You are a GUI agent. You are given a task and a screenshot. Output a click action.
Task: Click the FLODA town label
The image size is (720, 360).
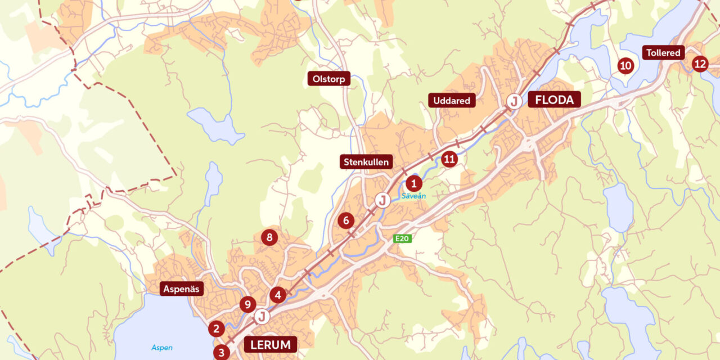click(554, 100)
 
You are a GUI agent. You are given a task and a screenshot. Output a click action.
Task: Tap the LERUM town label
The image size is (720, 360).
click(270, 344)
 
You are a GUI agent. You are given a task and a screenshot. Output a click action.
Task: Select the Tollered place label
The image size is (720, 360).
click(663, 53)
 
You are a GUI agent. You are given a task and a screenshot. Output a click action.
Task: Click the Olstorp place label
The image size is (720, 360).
click(328, 78)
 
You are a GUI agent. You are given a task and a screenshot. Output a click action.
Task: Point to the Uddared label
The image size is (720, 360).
click(452, 101)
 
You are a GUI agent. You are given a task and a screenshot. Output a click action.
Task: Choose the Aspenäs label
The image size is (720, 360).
click(182, 289)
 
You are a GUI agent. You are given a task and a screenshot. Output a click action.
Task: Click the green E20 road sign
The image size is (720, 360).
click(402, 238)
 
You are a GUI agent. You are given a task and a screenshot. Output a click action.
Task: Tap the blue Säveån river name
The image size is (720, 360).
click(413, 196)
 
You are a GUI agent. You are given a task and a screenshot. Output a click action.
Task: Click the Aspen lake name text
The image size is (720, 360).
click(162, 348)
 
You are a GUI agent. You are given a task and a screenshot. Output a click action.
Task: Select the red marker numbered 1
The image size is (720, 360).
click(414, 183)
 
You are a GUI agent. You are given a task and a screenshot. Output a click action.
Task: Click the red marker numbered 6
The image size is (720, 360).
click(346, 220)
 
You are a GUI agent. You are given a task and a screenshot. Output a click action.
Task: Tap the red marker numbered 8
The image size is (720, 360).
click(269, 237)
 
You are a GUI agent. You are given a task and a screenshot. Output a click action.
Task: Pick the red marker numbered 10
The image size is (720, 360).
click(625, 66)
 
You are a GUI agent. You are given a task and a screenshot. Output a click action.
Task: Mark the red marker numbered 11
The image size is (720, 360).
click(449, 159)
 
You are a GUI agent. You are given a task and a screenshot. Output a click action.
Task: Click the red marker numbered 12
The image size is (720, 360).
click(700, 64)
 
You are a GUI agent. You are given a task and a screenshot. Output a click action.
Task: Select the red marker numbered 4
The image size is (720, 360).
click(277, 295)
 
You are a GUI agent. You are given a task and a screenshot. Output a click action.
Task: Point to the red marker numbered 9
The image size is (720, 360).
click(247, 305)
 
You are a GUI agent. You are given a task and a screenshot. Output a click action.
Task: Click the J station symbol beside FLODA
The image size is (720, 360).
click(513, 102)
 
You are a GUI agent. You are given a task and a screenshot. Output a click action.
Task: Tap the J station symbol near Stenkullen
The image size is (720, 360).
click(382, 200)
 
